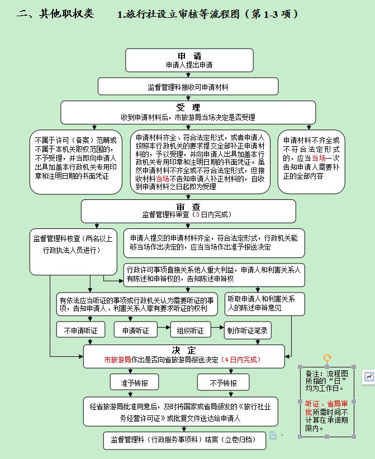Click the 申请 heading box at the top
coord(188,60)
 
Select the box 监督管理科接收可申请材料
coord(188,87)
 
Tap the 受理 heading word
coord(188,107)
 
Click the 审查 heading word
coord(188,206)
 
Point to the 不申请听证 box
coord(80,330)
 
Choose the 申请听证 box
coord(136,330)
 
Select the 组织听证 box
coord(191,330)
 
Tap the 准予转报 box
coord(135,383)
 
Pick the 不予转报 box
coord(223,383)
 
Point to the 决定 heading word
coord(184,350)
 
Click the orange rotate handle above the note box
coord(327,357)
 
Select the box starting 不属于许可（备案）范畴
coord(75,162)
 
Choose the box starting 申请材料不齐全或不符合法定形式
coord(311,162)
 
